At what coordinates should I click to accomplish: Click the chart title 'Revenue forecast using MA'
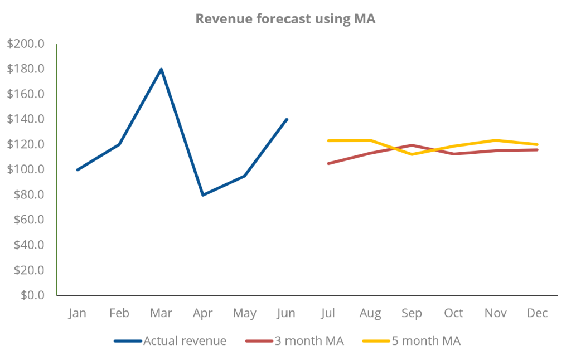coord(285,19)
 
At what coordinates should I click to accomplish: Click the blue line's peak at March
coord(161,69)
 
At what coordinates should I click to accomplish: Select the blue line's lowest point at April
coord(203,194)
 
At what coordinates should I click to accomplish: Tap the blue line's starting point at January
coord(78,169)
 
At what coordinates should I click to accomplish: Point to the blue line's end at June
coord(287,119)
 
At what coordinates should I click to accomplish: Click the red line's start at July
coord(328,163)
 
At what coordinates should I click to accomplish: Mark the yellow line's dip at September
coord(412,154)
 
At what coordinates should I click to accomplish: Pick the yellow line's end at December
coord(537,144)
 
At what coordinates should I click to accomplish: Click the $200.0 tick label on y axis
coord(26,44)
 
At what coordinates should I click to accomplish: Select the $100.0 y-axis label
coord(26,169)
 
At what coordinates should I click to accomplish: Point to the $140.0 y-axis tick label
coord(26,119)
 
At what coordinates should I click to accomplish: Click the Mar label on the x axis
coord(161,313)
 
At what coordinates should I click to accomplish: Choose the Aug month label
coord(370,313)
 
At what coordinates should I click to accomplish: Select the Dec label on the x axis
coord(537,313)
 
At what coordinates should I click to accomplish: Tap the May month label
coord(245,313)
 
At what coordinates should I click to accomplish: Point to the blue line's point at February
coord(119,144)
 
